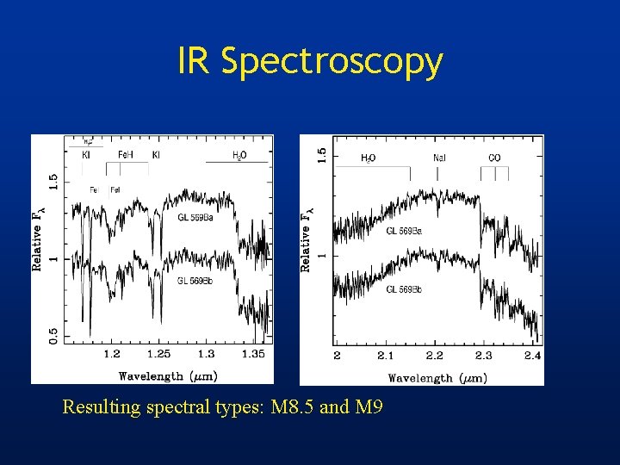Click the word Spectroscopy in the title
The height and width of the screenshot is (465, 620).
click(332, 62)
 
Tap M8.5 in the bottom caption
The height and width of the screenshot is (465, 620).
click(292, 407)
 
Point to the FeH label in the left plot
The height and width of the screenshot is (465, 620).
click(125, 155)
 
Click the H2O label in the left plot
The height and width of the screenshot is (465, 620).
click(239, 155)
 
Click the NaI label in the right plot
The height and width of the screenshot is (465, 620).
click(439, 158)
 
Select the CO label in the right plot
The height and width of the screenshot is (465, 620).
click(494, 158)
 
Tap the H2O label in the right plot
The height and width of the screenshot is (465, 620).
click(368, 158)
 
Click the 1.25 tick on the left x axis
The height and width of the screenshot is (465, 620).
click(159, 354)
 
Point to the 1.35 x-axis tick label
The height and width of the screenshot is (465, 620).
click(253, 354)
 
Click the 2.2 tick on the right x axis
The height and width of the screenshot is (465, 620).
click(434, 356)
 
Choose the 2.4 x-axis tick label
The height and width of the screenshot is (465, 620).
click(531, 356)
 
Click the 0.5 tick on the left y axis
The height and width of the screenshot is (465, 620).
click(54, 334)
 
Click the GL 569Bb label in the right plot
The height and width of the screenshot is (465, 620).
click(403, 288)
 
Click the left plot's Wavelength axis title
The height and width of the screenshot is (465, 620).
click(167, 375)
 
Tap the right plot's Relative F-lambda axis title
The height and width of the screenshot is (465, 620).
click(307, 239)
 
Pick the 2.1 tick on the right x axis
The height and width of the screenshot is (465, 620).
click(385, 356)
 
